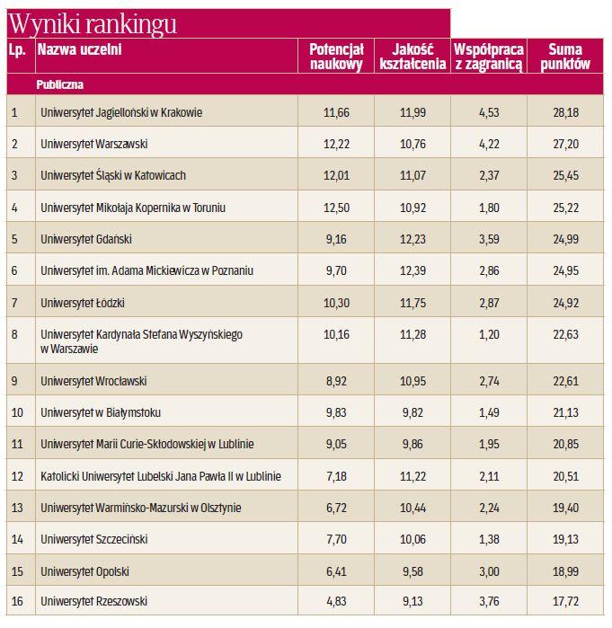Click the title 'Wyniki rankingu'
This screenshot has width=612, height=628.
tap(93, 23)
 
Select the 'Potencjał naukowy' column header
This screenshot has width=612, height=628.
tap(335, 57)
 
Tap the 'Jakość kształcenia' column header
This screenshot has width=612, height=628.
tap(412, 57)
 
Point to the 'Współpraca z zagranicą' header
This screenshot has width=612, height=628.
tap(489, 57)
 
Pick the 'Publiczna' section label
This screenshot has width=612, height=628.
tap(61, 84)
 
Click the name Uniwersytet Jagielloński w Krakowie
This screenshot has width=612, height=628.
tap(121, 112)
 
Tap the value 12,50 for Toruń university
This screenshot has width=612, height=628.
tap(335, 208)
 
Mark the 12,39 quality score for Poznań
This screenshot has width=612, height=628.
tap(412, 270)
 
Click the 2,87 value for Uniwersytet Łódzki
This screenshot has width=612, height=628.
tap(489, 302)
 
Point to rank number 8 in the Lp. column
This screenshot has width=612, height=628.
tap(15, 334)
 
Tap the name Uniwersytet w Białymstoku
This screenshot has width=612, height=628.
tap(101, 412)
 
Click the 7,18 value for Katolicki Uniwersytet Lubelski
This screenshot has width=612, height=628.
tap(335, 476)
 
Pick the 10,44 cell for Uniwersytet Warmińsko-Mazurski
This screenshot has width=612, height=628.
tap(412, 508)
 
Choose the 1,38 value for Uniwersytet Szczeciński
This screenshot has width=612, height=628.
tap(489, 539)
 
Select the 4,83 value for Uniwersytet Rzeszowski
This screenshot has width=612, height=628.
tap(335, 601)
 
